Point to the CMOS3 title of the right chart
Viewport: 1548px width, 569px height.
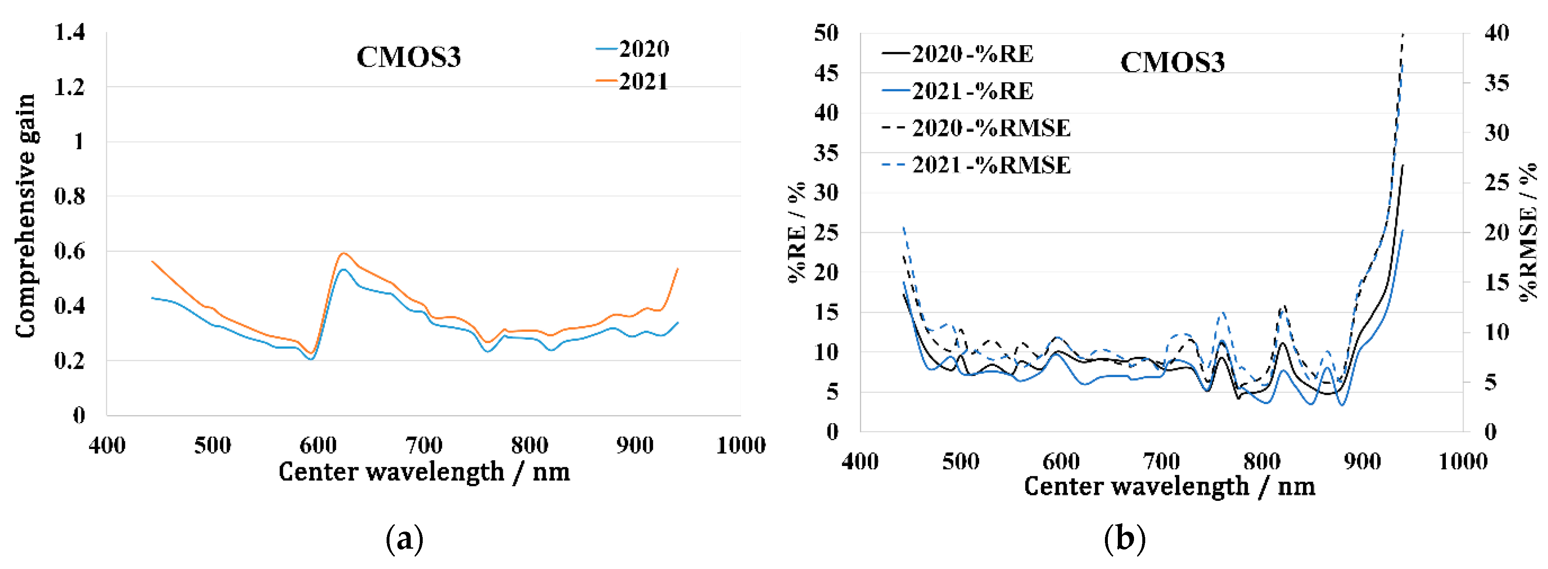(1172, 62)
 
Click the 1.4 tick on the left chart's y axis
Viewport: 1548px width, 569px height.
(70, 32)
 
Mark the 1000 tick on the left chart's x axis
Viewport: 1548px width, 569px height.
(740, 445)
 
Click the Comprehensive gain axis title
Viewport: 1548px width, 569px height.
(25, 216)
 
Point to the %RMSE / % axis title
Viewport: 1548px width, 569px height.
(1528, 231)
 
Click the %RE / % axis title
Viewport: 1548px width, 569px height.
(797, 231)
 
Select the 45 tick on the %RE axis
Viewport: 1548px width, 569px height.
(826, 73)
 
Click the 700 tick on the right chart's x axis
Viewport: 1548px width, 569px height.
(1161, 461)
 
